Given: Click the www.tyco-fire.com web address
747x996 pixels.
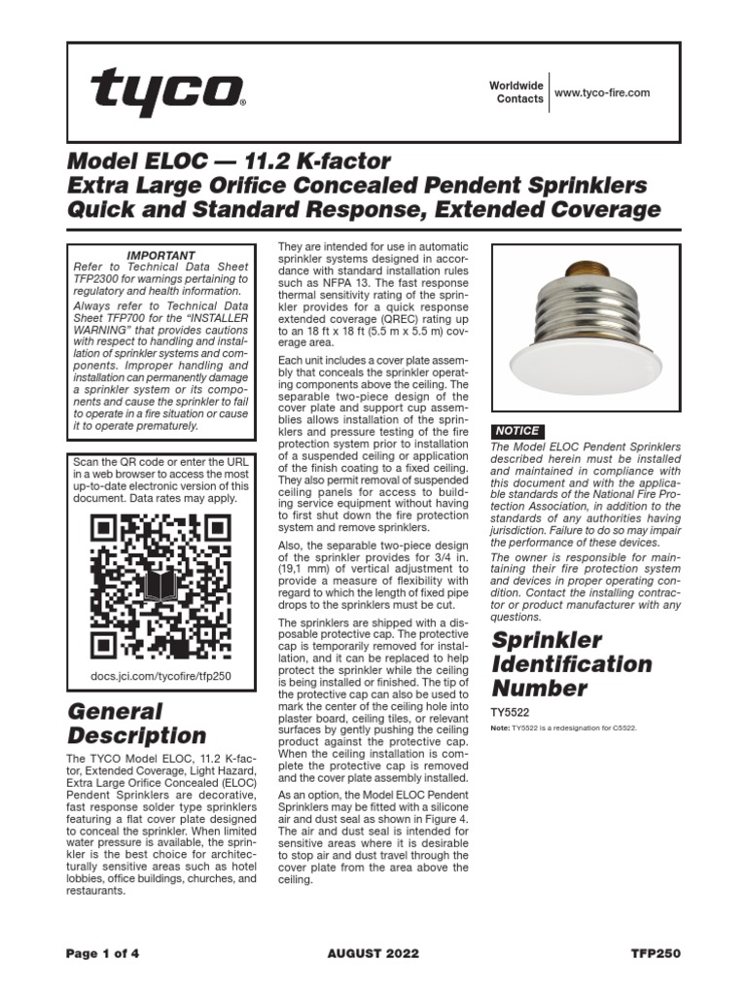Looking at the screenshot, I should (601, 93).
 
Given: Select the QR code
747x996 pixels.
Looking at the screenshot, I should (160, 587).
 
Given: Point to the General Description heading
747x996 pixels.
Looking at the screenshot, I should (136, 723).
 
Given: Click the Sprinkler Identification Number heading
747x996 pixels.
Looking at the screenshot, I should (572, 664).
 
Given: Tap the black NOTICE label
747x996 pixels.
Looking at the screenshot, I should (517, 431).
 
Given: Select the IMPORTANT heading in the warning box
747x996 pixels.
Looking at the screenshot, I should (161, 256).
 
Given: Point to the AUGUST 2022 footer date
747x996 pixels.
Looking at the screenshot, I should (373, 954).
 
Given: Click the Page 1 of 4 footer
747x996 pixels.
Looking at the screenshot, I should (103, 954).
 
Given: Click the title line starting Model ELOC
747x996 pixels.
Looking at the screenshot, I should (228, 160).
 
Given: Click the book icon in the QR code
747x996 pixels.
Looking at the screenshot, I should (160, 587).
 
